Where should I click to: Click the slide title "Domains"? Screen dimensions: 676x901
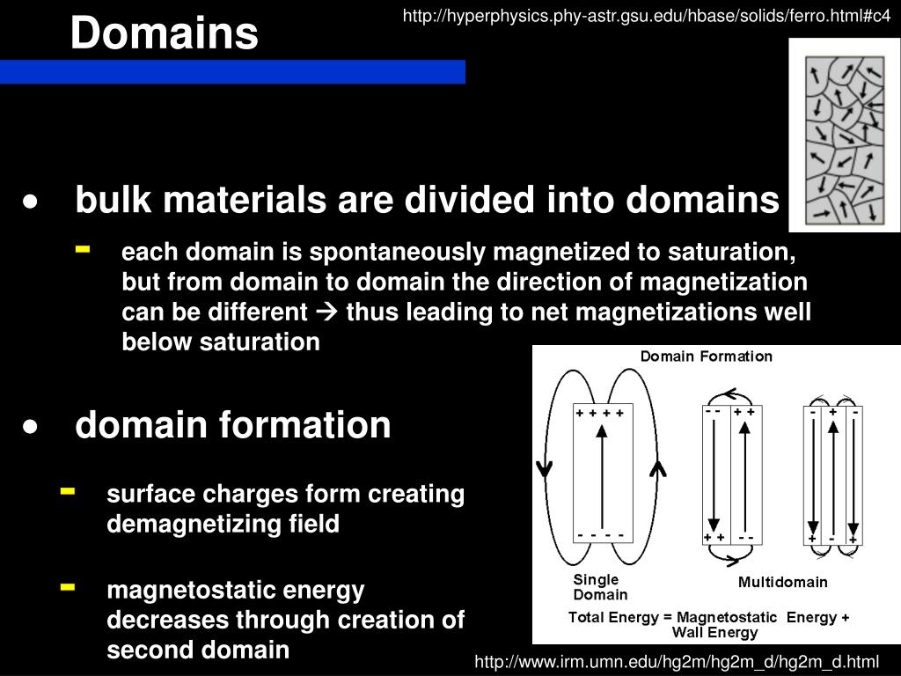[165, 33]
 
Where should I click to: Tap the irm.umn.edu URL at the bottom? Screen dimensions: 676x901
[677, 661]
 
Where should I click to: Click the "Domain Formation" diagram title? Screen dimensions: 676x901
[706, 356]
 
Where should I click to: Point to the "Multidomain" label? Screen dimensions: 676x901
[782, 582]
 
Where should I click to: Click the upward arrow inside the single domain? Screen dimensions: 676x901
[602, 474]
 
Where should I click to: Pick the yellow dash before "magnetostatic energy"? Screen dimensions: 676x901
[68, 586]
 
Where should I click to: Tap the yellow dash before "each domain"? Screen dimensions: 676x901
[83, 250]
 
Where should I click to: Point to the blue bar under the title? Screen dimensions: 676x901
[232, 71]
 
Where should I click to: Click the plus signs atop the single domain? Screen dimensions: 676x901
[600, 412]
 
